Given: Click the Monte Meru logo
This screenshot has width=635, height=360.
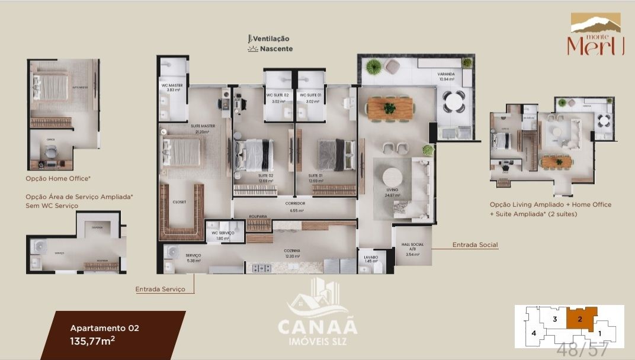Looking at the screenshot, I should coord(595,36).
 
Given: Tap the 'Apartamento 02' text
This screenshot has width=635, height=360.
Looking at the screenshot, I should coord(104,327).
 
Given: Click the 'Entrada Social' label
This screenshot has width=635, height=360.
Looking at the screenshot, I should coord(475,245).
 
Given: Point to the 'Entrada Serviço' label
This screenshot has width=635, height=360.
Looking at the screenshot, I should coord(160,289).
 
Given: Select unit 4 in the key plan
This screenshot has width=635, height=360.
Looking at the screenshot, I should coord(534,333).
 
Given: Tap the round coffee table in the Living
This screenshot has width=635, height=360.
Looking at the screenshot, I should coord(393,178).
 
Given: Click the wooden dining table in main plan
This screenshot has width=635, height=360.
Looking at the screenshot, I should coord(389,108).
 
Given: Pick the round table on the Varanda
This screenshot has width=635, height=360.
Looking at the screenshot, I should coord(455,101).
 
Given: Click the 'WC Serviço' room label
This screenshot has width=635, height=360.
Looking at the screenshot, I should coord(223,233).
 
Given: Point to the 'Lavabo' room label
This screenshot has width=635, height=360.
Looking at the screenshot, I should coord(371,258).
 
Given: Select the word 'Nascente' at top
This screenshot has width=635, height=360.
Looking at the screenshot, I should coord(276,49).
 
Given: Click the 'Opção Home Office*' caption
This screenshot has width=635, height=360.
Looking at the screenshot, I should coord(57,178).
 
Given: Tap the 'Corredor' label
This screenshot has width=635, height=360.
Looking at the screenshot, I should coord(294,204).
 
